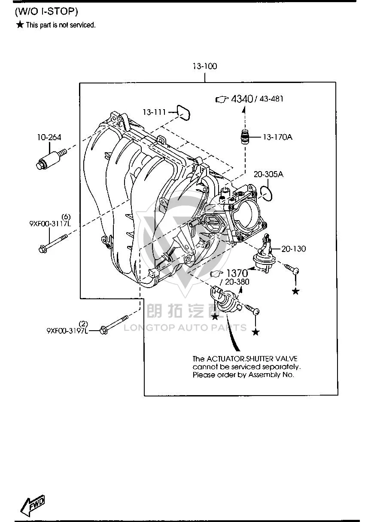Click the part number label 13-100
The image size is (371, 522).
205,66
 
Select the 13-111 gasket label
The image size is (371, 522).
154,112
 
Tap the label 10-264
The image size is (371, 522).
49,137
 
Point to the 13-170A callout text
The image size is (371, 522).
277,137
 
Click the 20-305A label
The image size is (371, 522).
268,174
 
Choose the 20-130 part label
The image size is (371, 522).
294,249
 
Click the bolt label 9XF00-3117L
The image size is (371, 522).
50,224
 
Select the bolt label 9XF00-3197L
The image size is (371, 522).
67,331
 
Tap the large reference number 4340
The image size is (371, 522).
242,99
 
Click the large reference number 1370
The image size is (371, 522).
237,273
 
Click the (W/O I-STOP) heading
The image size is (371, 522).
46,11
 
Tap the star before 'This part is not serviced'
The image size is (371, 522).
20,25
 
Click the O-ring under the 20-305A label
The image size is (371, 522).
266,193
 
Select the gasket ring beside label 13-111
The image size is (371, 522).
183,113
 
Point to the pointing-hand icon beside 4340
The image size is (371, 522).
222,99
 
